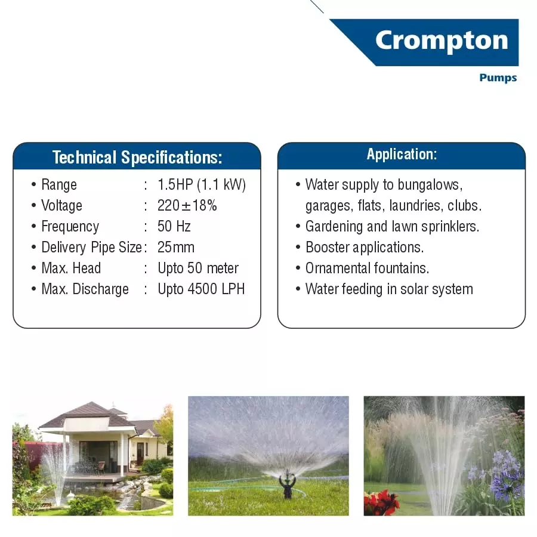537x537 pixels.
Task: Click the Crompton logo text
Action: (x=442, y=41)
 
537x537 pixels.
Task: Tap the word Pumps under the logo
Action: (x=498, y=78)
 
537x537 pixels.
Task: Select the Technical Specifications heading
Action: (x=137, y=158)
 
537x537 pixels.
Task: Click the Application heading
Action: (x=402, y=155)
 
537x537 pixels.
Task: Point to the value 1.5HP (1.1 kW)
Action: (x=202, y=184)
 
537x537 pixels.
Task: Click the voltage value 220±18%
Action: (x=187, y=205)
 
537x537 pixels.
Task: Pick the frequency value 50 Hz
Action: (x=174, y=226)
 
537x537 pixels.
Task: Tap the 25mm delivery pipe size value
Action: (x=176, y=247)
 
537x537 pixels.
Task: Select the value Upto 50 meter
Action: (x=198, y=268)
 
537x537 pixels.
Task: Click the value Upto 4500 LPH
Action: (x=201, y=289)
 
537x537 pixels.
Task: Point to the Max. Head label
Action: (x=71, y=268)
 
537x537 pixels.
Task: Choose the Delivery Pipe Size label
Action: (x=91, y=247)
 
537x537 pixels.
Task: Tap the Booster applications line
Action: (x=364, y=247)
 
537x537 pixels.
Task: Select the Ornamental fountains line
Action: (x=367, y=268)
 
